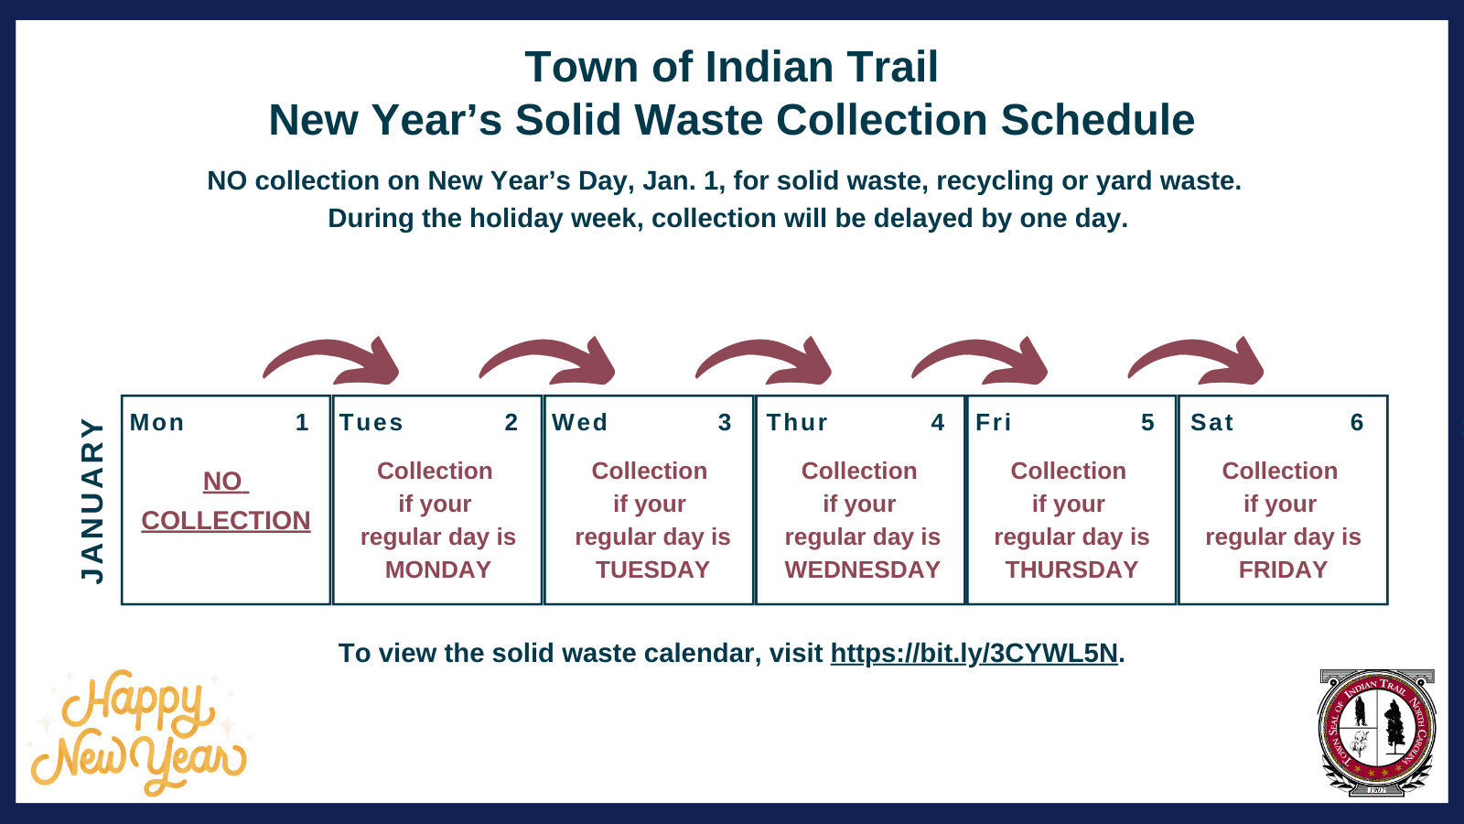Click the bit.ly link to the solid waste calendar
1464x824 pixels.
point(974,653)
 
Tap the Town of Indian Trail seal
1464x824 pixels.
point(1376,732)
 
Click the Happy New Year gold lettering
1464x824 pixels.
point(137,732)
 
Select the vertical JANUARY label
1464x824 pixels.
point(92,500)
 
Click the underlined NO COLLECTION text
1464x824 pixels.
point(225,519)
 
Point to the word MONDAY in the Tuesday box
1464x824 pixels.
point(437,569)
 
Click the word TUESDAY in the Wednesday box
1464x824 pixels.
point(652,569)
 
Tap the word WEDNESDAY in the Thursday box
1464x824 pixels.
point(862,569)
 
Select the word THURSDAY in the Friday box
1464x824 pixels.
point(1071,569)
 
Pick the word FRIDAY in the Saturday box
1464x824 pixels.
point(1283,569)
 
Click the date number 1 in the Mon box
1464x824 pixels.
point(302,422)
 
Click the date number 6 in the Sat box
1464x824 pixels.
point(1357,422)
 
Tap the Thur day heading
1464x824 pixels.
point(797,422)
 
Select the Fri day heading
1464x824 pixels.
point(994,422)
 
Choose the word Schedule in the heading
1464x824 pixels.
point(1097,120)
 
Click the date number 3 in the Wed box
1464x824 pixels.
point(725,422)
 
